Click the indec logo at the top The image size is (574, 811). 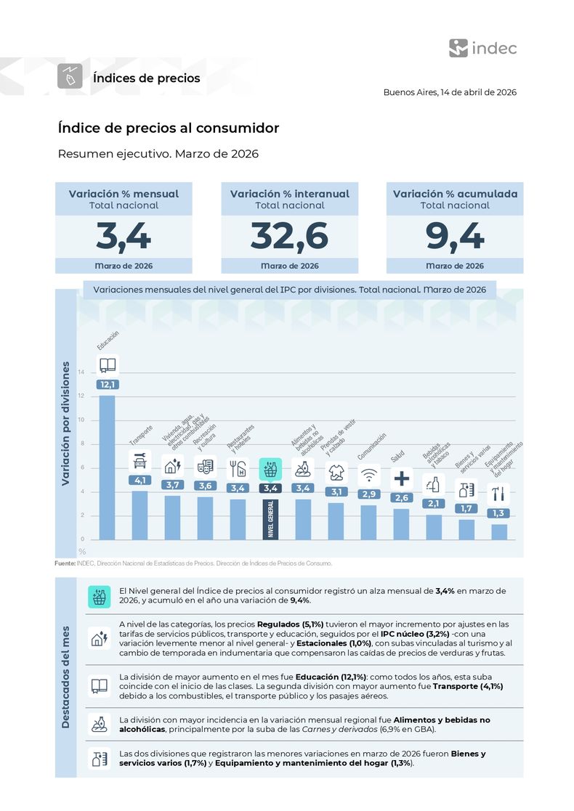(482, 49)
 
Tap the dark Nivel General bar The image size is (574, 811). (270, 518)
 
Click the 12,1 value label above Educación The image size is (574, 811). (108, 384)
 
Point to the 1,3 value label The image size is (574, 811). (498, 513)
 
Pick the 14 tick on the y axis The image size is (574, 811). (81, 372)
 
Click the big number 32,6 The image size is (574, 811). (289, 236)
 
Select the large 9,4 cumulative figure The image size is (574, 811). (454, 236)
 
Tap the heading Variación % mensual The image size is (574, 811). (124, 194)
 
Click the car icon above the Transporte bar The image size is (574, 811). (140, 460)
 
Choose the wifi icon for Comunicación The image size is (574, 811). (369, 475)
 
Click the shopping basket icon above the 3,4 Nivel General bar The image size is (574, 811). (270, 468)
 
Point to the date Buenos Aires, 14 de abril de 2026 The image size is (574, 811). (450, 93)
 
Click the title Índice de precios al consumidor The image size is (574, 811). (169, 128)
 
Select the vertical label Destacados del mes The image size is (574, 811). (66, 677)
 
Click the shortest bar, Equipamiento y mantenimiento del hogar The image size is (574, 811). (498, 531)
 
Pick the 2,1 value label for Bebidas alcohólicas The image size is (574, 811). (434, 503)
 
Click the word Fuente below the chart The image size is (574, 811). (65, 563)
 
